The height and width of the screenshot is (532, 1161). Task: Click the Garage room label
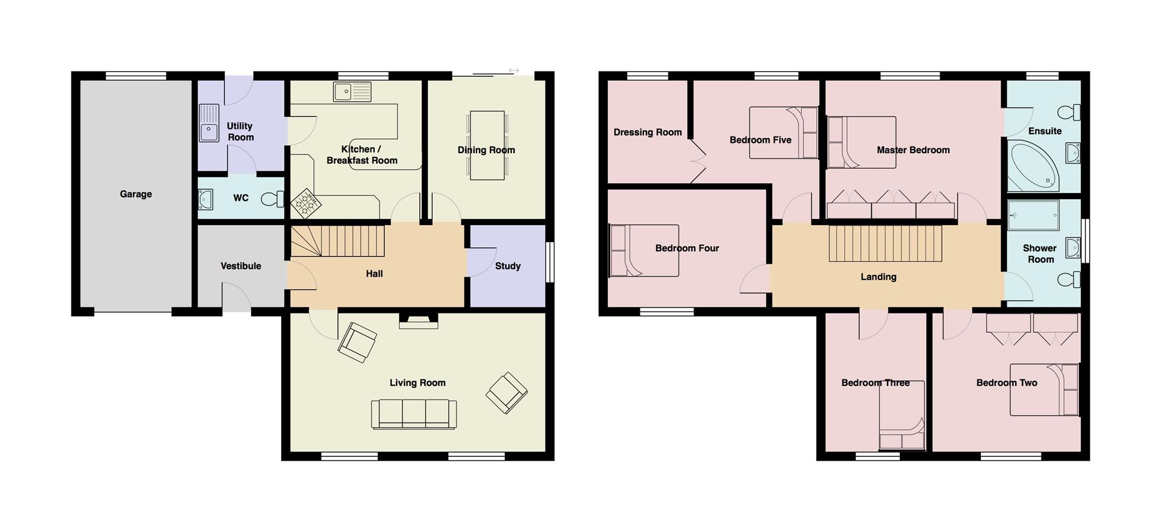coord(135,194)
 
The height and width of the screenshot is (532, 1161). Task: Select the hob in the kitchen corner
coord(306,203)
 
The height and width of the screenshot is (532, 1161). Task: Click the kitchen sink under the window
coord(352,92)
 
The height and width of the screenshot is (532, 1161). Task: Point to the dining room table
coord(487,145)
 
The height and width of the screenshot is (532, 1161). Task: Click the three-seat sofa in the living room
coord(414,414)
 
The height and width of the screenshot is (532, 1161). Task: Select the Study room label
coord(508,266)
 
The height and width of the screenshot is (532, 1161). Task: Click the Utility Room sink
coord(209,123)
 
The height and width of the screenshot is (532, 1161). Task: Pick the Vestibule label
coord(241,266)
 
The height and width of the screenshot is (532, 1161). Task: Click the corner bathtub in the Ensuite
coord(1033,165)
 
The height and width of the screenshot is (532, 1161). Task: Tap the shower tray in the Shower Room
coord(1033,216)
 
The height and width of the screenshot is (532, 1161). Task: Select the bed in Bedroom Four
coord(644,251)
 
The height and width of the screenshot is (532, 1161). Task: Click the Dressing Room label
coord(648,132)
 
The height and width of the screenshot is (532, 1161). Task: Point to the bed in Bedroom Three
coord(902,415)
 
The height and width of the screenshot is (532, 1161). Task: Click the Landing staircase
coord(885,243)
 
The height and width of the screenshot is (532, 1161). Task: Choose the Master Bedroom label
coord(913,150)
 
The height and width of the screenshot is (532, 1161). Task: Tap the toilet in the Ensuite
coord(1069,112)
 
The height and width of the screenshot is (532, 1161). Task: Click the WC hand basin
coord(206,199)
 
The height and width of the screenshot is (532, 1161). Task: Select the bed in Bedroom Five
coord(784,133)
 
